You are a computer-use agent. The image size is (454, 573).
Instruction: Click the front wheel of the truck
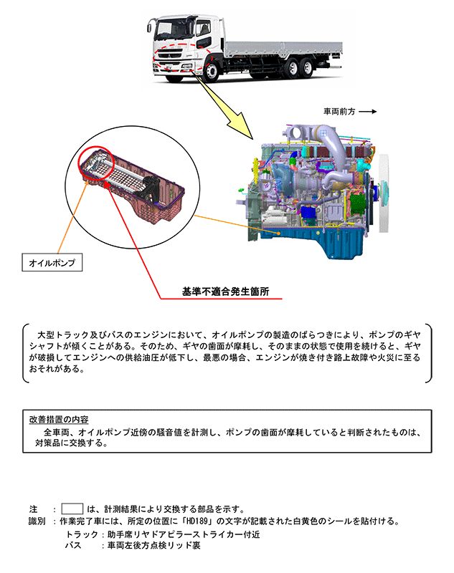[212, 72]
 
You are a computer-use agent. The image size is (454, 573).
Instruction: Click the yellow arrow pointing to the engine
[235, 112]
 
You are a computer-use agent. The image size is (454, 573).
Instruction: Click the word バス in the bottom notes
[72, 546]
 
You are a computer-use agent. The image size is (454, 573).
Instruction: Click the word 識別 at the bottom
[37, 521]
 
